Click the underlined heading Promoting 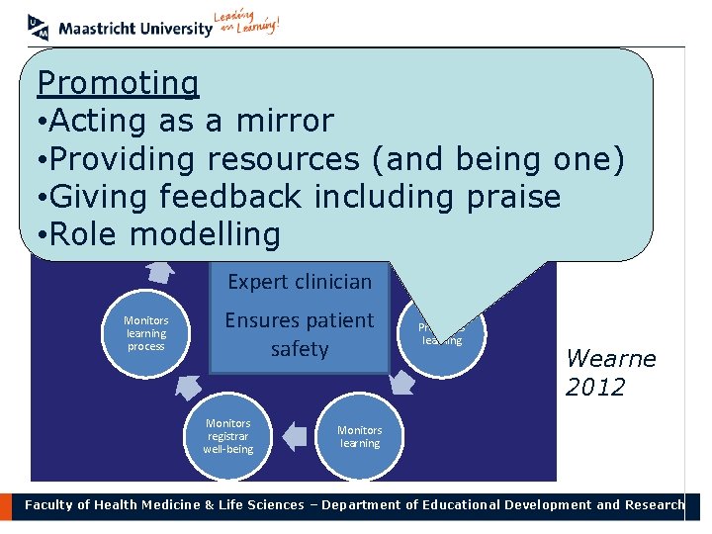(118, 84)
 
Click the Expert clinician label (299, 282)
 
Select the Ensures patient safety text (299, 334)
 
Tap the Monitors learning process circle (145, 333)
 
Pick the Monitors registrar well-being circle (228, 436)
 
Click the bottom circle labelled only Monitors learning (359, 436)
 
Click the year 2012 (595, 387)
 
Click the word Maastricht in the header (98, 29)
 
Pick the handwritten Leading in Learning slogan (247, 25)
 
